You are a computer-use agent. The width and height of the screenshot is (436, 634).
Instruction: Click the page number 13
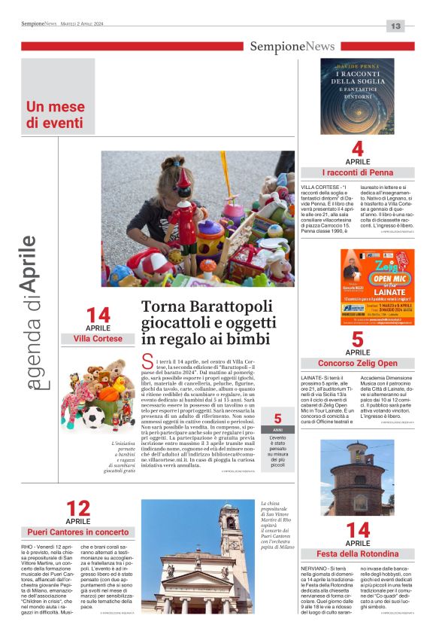pos(395,26)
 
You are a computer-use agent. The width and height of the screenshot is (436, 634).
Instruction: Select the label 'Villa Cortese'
pos(98,340)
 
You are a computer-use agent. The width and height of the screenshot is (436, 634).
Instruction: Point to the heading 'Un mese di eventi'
pos(55,114)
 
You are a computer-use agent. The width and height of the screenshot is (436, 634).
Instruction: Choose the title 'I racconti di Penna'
pos(357,172)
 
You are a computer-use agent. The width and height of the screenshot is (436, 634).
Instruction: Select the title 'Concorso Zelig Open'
pos(357,364)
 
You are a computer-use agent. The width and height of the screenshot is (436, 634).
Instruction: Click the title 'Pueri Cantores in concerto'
pos(77,532)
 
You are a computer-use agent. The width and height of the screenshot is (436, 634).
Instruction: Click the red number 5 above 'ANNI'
pos(277,419)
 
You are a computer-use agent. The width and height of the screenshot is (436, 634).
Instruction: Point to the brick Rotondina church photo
pos(357,479)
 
